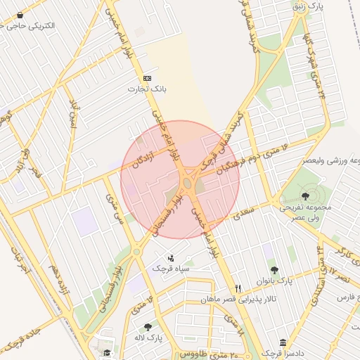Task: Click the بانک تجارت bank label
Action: (x=145, y=89)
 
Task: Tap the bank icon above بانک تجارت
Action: (x=147, y=78)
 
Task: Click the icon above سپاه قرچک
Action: (x=172, y=258)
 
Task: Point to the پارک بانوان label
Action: (x=275, y=281)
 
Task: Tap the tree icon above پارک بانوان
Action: (x=274, y=270)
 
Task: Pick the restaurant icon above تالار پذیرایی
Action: (x=238, y=289)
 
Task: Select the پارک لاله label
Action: (x=148, y=337)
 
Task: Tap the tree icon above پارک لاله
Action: (x=148, y=327)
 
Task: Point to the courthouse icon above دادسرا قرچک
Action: (x=283, y=342)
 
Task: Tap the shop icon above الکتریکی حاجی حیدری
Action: (x=20, y=14)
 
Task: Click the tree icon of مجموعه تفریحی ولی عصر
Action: (x=305, y=196)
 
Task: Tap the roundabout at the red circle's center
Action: (x=187, y=184)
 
